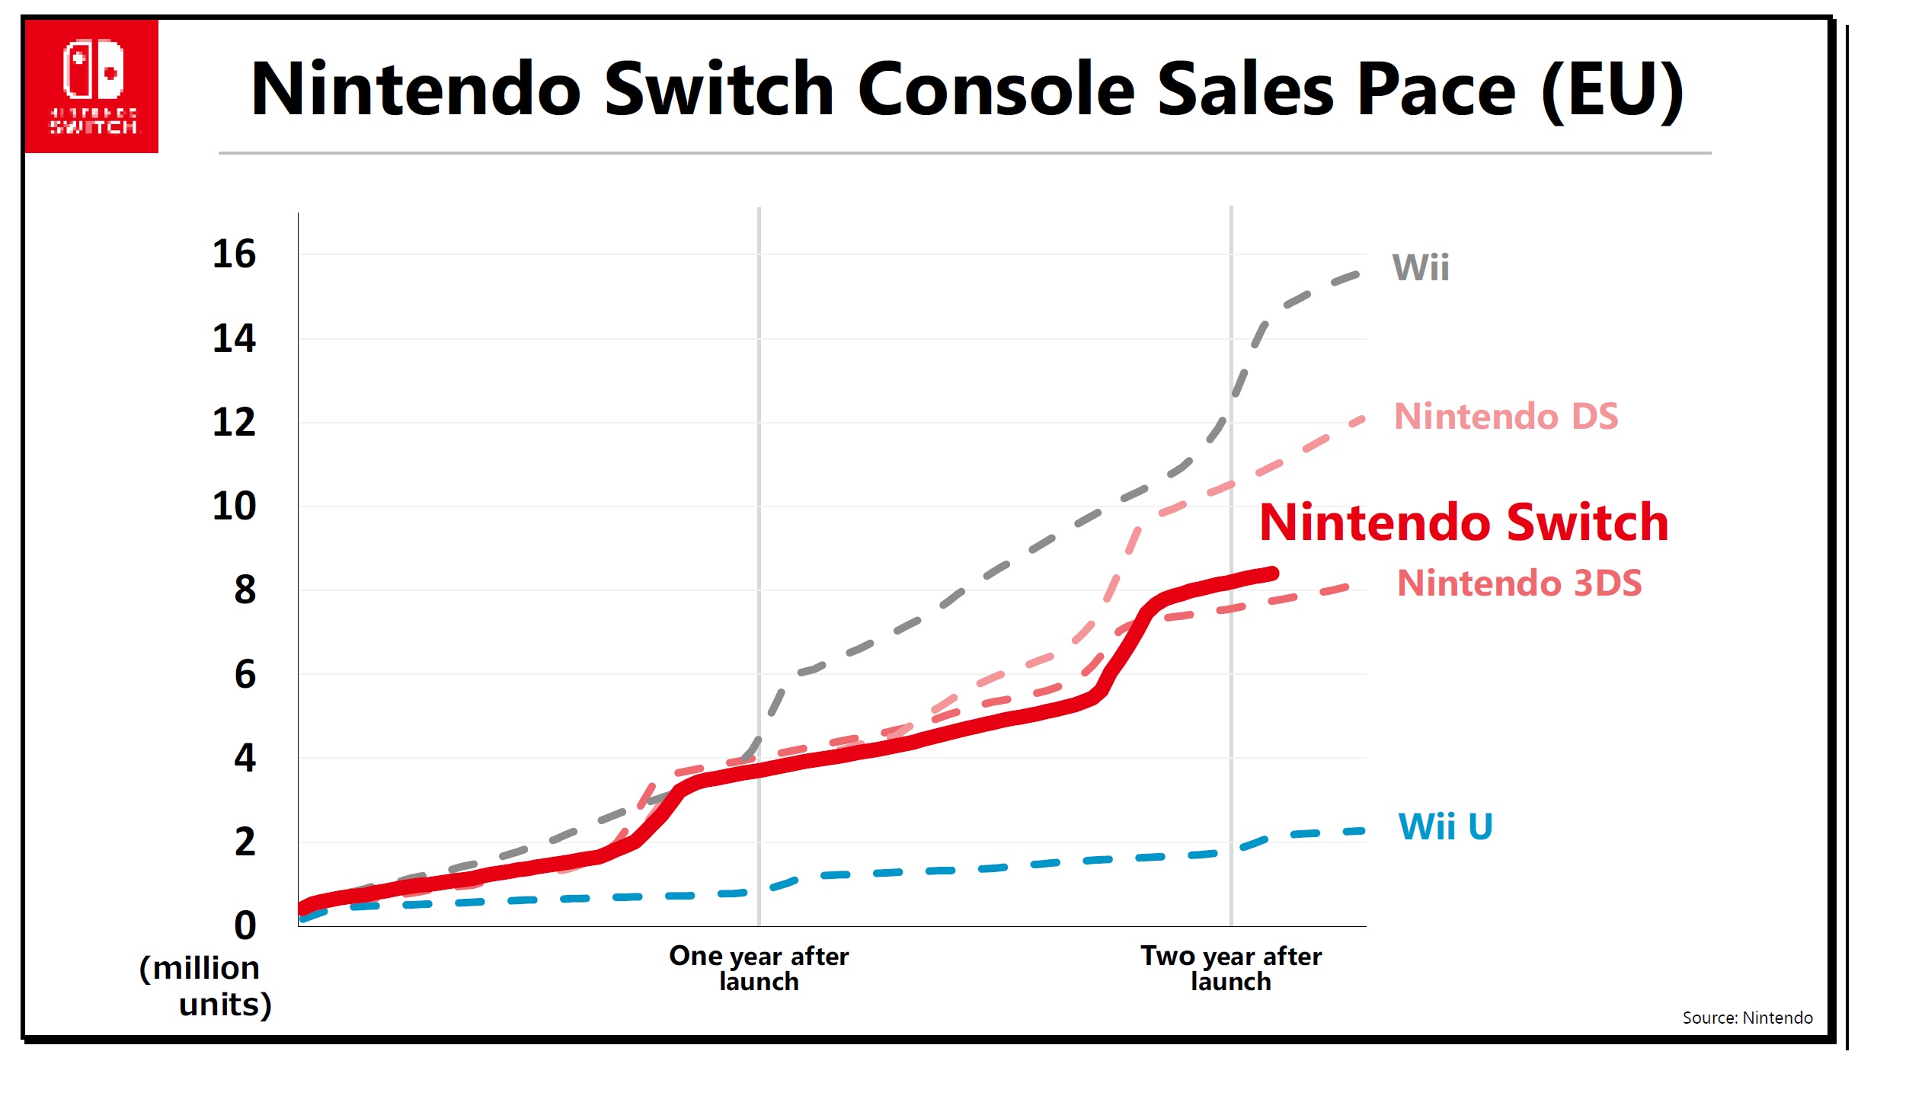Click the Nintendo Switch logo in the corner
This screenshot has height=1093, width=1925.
[x=91, y=86]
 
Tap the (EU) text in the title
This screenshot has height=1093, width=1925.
[x=1611, y=90]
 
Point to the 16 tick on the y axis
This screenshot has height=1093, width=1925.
[x=234, y=254]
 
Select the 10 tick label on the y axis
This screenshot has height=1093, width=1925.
[x=234, y=507]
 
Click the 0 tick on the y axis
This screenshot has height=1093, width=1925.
[x=245, y=925]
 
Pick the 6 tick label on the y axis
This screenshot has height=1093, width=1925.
[x=245, y=675]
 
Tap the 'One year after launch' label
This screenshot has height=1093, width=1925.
[x=759, y=968]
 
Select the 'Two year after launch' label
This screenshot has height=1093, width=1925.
[x=1231, y=968]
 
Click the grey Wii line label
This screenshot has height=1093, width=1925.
[x=1421, y=268]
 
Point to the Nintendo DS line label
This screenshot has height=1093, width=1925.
[x=1506, y=417]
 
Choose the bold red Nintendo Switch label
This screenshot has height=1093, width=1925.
[x=1463, y=523]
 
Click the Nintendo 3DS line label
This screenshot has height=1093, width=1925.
[x=1519, y=583]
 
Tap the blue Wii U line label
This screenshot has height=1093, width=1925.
[x=1445, y=826]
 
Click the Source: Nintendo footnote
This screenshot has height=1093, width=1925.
[x=1747, y=1018]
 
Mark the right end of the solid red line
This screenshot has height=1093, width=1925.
[x=1272, y=574]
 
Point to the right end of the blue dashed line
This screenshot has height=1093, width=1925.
[x=1361, y=831]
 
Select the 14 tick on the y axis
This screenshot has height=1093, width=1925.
[x=234, y=338]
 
